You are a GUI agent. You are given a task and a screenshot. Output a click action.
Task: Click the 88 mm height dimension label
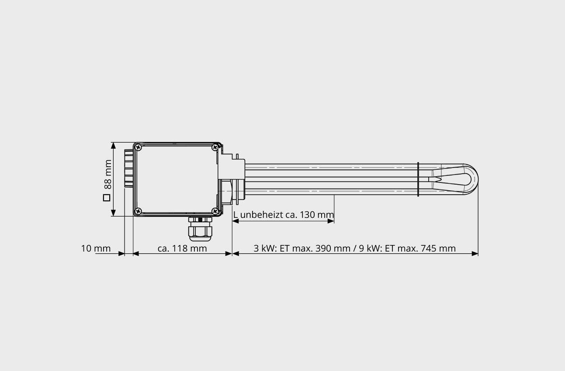pyautogui.click(x=107, y=174)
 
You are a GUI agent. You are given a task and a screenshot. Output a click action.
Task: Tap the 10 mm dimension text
pyautogui.click(x=96, y=248)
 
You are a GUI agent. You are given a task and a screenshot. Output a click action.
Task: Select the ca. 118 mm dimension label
pyautogui.click(x=182, y=248)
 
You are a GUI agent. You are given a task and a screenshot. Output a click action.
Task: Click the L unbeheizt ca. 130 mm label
pyautogui.click(x=284, y=215)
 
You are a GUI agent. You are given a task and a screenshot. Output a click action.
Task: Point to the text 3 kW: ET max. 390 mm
pyautogui.click(x=302, y=248)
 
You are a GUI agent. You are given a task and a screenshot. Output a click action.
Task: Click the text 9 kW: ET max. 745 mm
pyautogui.click(x=407, y=248)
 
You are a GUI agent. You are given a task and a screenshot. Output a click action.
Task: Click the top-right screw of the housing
pyautogui.click(x=215, y=148)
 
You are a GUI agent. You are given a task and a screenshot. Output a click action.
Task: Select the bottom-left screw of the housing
pyautogui.click(x=138, y=211)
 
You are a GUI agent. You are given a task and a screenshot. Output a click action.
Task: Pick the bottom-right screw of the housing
pyautogui.click(x=215, y=211)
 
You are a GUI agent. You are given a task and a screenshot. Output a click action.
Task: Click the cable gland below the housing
pyautogui.click(x=200, y=228)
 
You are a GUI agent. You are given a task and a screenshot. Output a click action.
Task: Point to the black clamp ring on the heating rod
pyautogui.click(x=418, y=179)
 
